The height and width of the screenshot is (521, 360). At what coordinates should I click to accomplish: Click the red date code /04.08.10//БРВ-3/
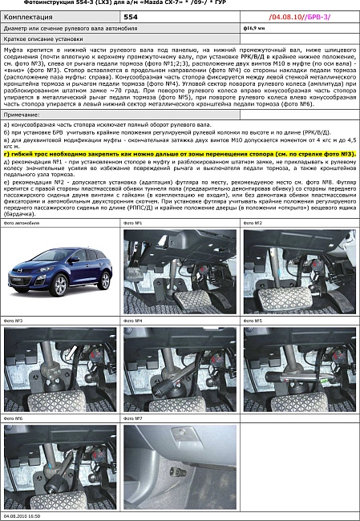299,15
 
